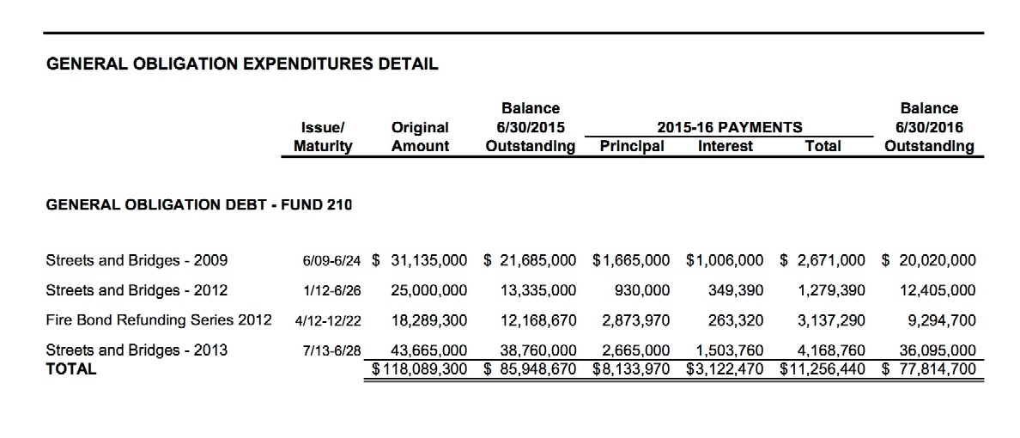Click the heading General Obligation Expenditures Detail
click(241, 63)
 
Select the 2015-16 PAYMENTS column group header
click(729, 127)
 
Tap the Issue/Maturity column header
click(323, 137)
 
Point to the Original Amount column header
click(420, 137)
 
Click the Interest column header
click(726, 146)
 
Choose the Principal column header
click(632, 146)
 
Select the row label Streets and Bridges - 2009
click(137, 259)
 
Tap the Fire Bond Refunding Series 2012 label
click(158, 319)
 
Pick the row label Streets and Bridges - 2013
click(137, 350)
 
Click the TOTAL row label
click(71, 368)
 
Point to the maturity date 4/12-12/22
click(328, 320)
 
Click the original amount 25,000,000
click(429, 289)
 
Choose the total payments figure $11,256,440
click(823, 369)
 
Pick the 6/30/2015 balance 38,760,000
click(537, 350)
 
